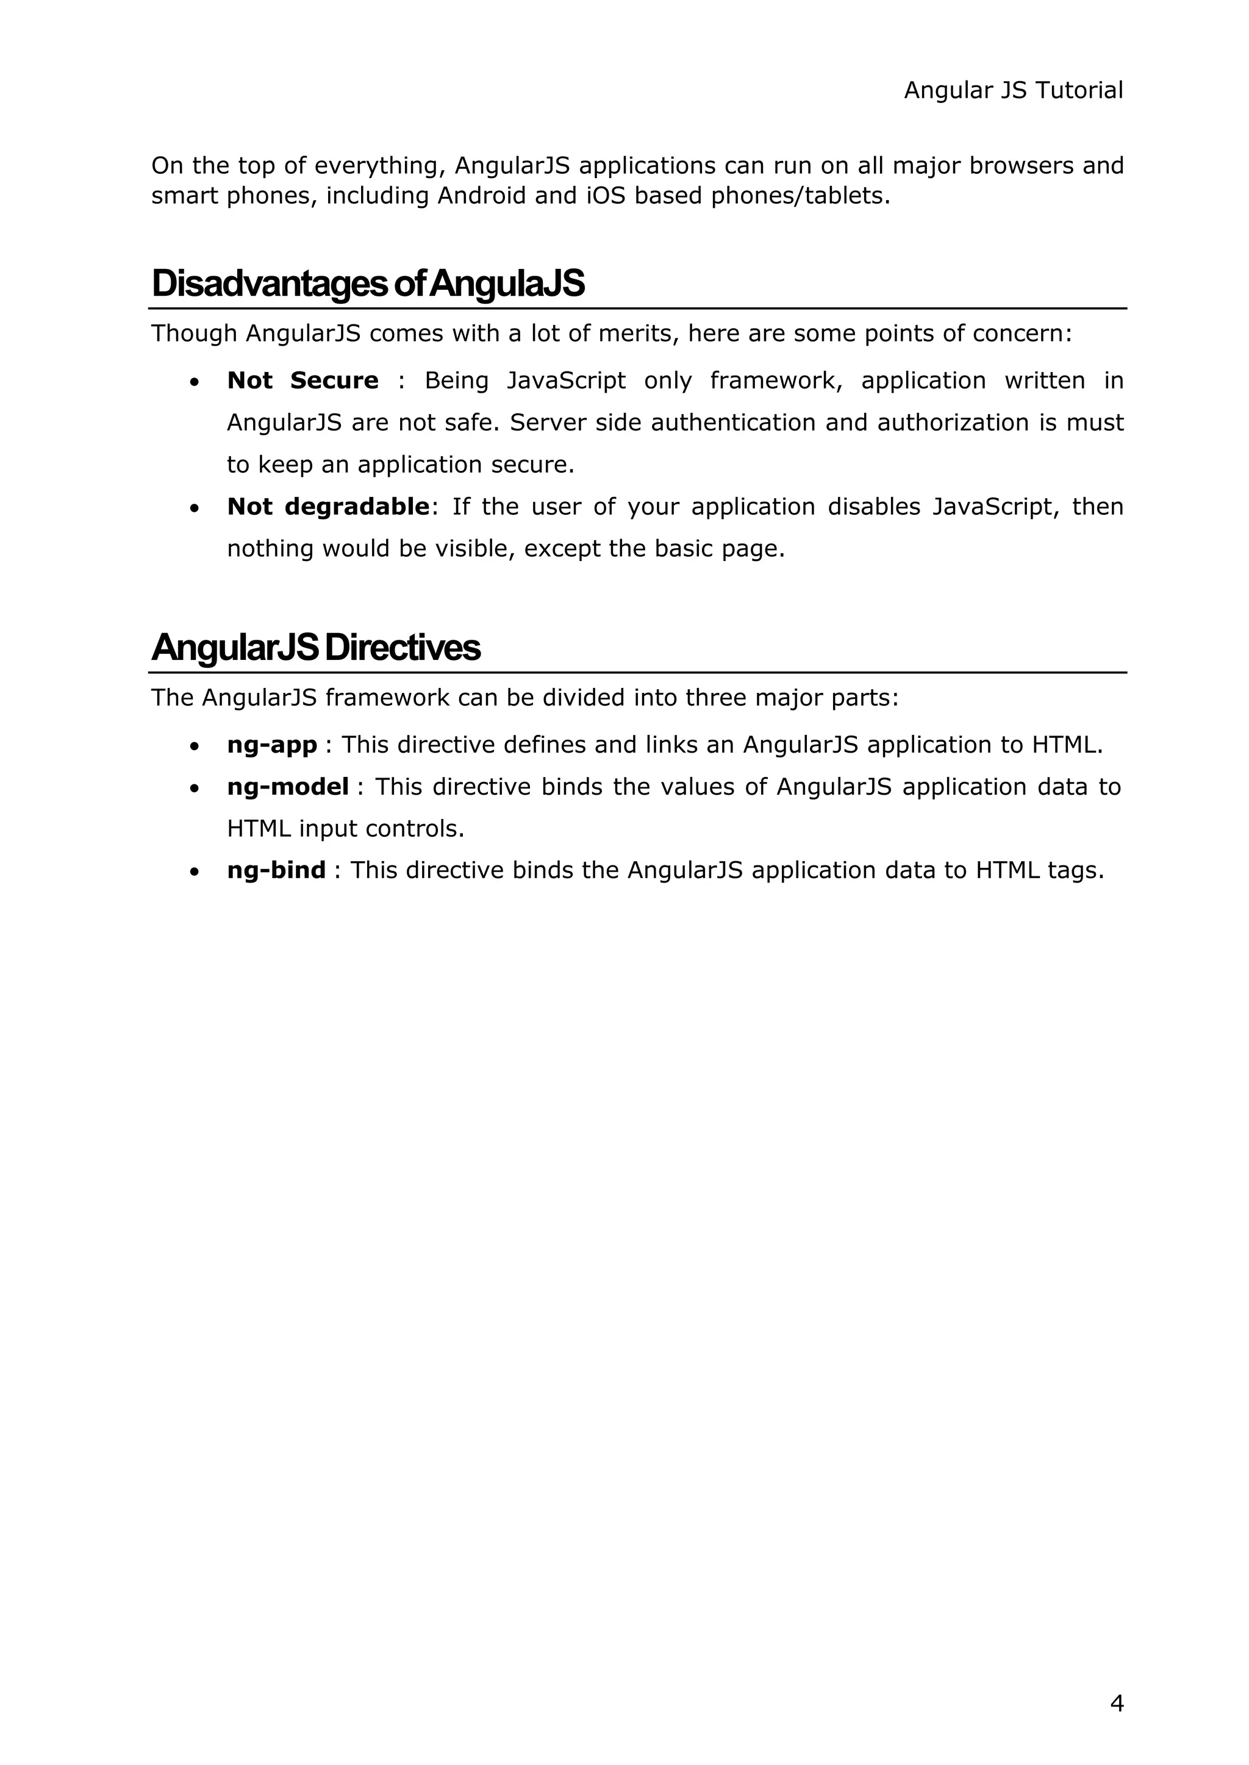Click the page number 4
tap(1117, 1703)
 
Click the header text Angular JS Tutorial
tap(1013, 91)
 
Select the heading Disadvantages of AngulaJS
tap(368, 284)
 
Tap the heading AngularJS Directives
tap(316, 648)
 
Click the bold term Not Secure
tap(302, 381)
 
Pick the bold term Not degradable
tap(327, 507)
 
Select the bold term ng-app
tap(271, 745)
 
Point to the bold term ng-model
tap(288, 787)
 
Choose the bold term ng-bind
tap(276, 870)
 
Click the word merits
tap(635, 334)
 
